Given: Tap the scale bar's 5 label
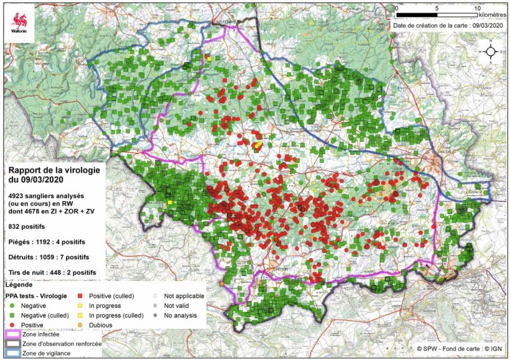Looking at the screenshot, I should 437,8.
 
